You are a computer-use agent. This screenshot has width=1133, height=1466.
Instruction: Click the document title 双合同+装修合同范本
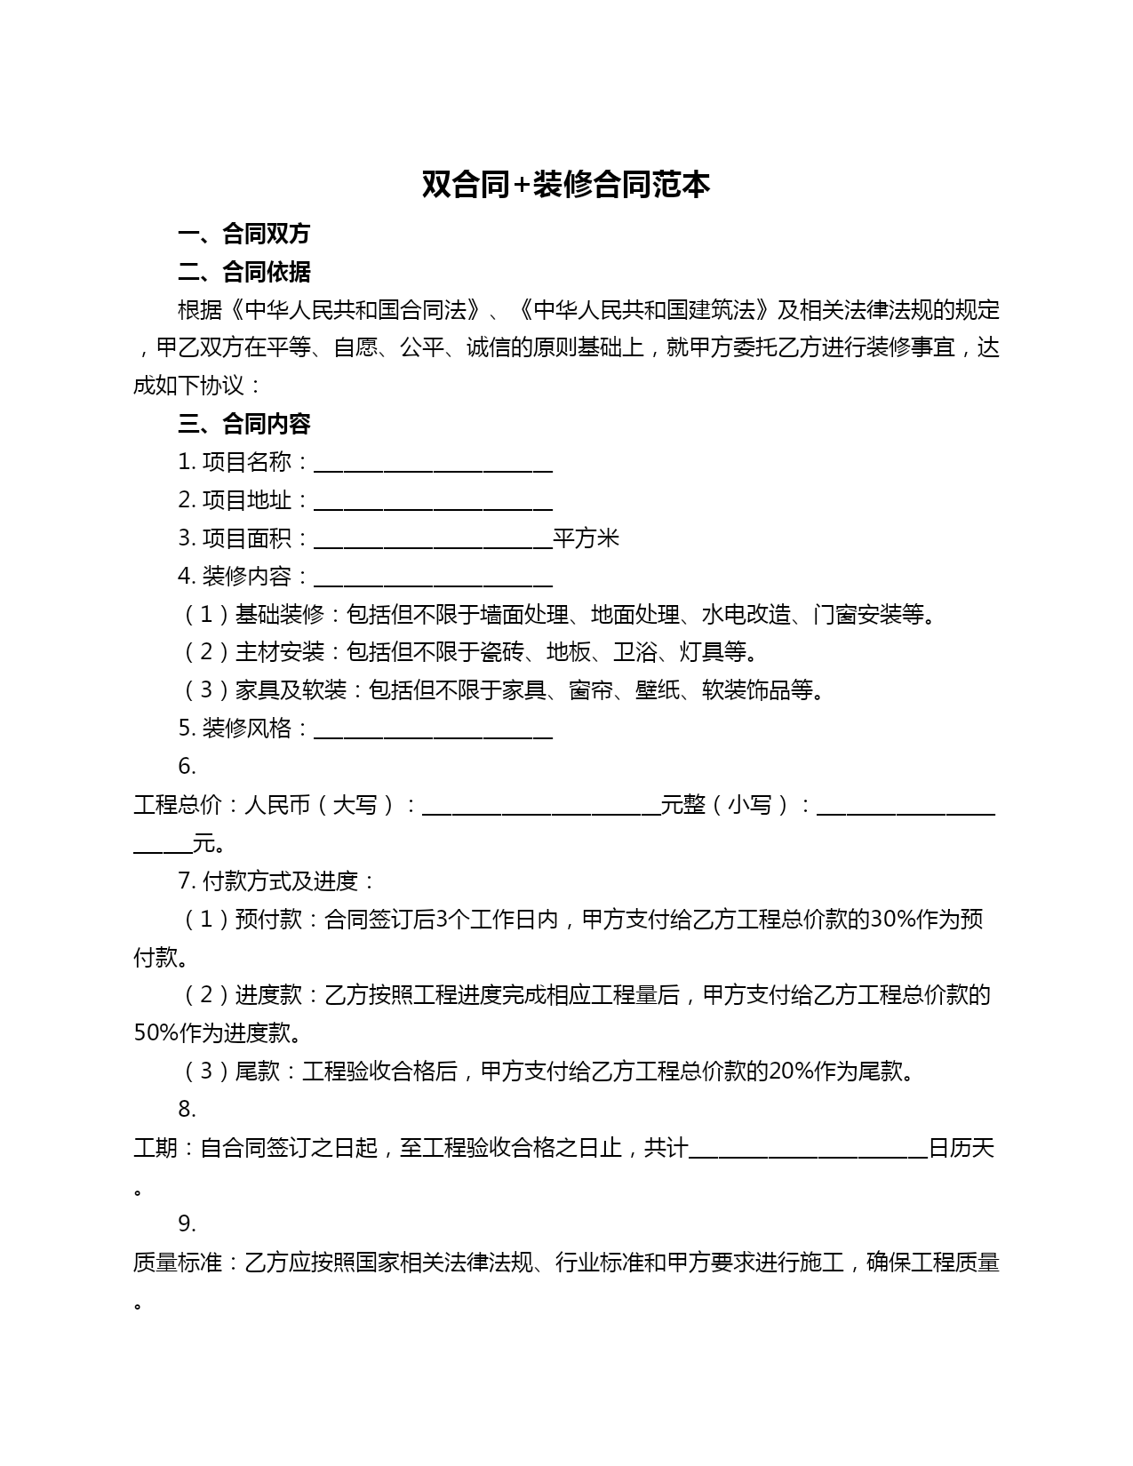pyautogui.click(x=565, y=185)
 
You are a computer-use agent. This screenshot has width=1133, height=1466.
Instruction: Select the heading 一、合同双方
pyautogui.click(x=243, y=234)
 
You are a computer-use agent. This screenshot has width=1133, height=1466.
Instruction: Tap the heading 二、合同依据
pyautogui.click(x=243, y=272)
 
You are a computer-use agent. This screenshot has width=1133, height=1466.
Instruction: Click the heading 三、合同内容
pyautogui.click(x=243, y=424)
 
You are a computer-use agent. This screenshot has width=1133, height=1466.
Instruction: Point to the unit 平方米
pyautogui.click(x=586, y=538)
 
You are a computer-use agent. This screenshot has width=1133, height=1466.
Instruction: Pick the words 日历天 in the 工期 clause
pyautogui.click(x=961, y=1148)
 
